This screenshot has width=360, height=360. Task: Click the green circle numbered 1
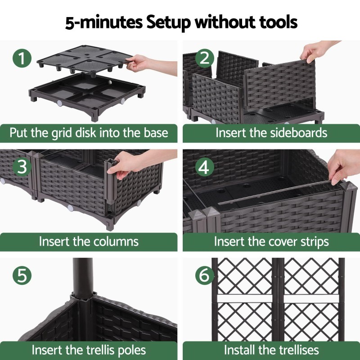coord(22,58)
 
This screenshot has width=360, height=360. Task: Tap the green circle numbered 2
coord(205,58)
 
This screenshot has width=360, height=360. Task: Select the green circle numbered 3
coord(22,167)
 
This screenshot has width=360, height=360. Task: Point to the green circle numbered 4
coord(205,167)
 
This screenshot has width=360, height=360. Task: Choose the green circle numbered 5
coord(22,275)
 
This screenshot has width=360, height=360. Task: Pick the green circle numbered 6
coord(205,275)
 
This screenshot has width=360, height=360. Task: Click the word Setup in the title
coord(168,23)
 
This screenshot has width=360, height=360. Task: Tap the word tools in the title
coord(278,22)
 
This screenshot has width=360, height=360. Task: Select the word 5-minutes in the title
coord(104,23)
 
